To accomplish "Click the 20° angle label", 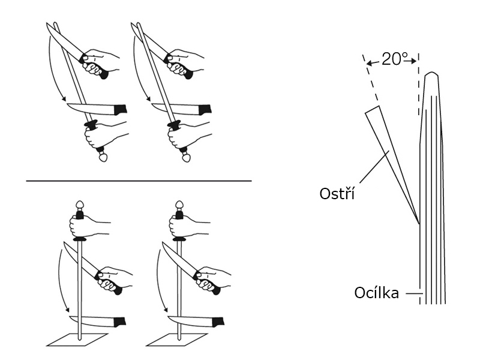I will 394,59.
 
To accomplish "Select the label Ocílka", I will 376,294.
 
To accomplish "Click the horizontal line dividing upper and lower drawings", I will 139,180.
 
